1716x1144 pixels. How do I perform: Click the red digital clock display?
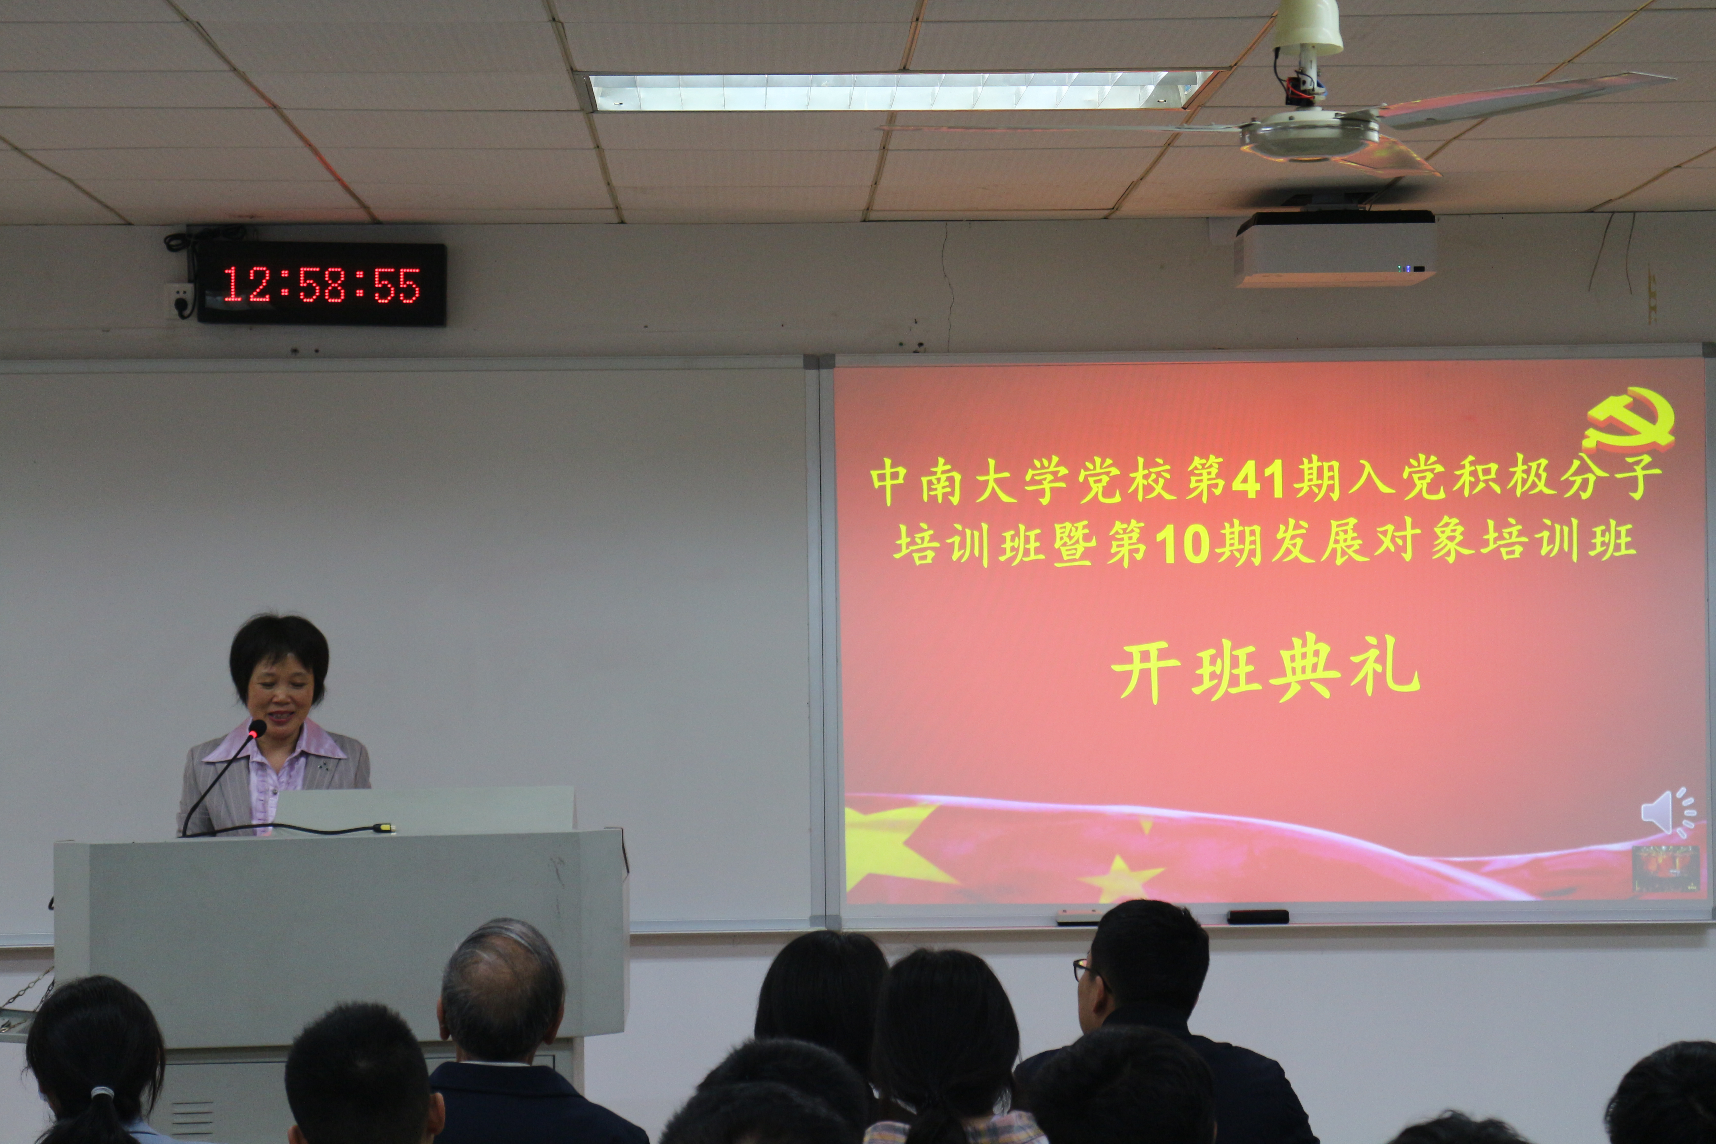(321, 284)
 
